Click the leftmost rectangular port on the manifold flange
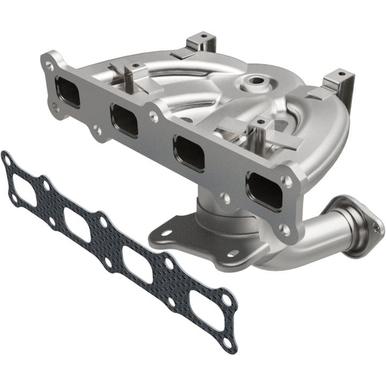(67, 92)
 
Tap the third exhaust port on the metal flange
(189, 153)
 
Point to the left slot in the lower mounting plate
(165, 233)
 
